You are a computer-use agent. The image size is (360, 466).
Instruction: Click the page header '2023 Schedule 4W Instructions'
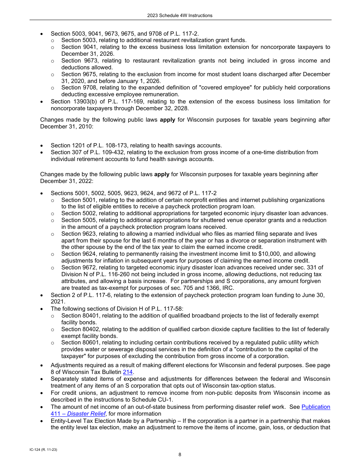(x=180, y=16)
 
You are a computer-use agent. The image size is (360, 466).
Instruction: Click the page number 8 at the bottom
(x=180, y=455)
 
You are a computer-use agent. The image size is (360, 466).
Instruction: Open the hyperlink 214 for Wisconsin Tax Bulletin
(x=128, y=372)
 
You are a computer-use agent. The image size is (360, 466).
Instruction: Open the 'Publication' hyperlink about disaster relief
(x=316, y=407)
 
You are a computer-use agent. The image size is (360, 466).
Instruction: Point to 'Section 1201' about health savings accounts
(x=67, y=145)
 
